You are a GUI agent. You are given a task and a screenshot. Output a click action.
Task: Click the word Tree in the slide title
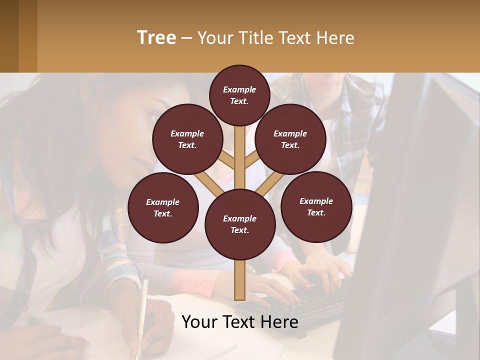click(x=156, y=38)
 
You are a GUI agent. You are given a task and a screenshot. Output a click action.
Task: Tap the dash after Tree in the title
click(x=186, y=38)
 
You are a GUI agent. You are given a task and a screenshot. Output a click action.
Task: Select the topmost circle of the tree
click(x=239, y=95)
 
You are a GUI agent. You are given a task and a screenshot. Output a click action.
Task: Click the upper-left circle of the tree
click(x=187, y=139)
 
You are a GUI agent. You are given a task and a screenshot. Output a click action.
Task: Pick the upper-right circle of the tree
click(x=290, y=139)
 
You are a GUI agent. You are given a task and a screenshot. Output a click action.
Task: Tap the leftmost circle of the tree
click(x=163, y=207)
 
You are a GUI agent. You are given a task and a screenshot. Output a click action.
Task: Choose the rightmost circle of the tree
click(x=316, y=206)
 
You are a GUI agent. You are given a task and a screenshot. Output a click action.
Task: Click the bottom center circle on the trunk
click(x=240, y=224)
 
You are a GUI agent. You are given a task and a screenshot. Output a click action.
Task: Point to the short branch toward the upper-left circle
click(x=227, y=161)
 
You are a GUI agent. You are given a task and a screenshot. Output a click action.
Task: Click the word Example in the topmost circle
click(x=239, y=89)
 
